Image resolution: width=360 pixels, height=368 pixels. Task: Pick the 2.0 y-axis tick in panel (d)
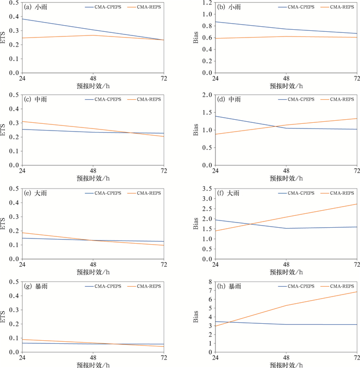tap(208, 95)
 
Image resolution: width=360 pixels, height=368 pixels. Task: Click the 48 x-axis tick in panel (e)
tap(93, 264)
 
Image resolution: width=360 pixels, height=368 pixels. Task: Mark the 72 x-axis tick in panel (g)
tap(164, 357)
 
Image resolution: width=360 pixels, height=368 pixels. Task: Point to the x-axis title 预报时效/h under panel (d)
tap(286, 178)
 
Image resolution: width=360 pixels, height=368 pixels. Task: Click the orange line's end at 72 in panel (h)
tap(356, 292)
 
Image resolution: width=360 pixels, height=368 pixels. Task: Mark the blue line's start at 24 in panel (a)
tap(22, 19)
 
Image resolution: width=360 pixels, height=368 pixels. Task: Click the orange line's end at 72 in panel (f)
tap(356, 204)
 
